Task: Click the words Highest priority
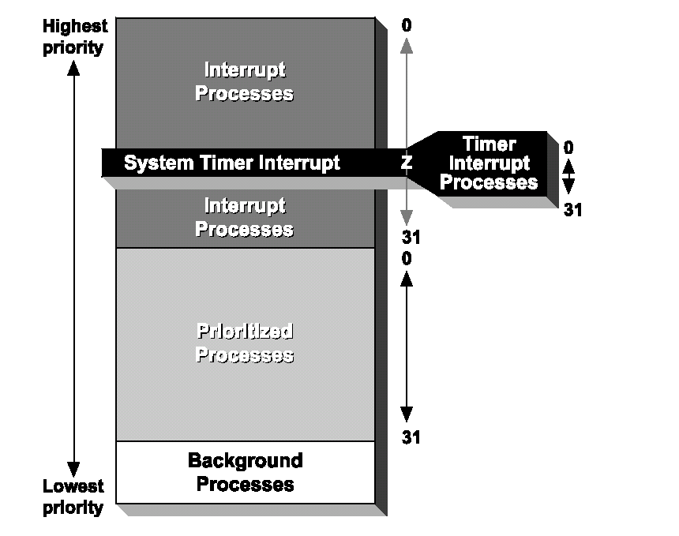point(73,37)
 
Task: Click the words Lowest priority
point(73,497)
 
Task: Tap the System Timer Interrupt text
point(232,163)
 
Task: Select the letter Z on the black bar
point(407,163)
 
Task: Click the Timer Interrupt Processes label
point(489,163)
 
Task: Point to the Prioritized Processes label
point(245,343)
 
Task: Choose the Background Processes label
point(245,472)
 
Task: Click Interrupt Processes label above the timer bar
point(245,82)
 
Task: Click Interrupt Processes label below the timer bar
point(245,218)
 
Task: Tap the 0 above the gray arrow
point(407,26)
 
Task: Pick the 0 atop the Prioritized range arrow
point(407,258)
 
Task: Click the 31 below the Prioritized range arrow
point(411,437)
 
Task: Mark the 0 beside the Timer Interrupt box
point(568,148)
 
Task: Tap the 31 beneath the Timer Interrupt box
point(572,210)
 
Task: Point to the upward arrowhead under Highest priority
point(73,69)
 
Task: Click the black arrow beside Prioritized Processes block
point(407,347)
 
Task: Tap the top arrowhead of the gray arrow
point(407,46)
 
